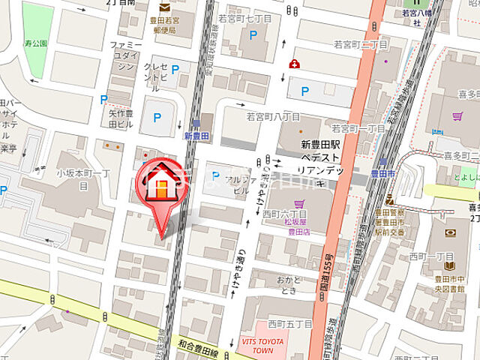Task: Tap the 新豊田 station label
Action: tap(195, 136)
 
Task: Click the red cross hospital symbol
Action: tap(295, 64)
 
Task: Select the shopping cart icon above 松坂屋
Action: tap(299, 204)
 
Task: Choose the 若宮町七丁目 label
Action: tap(244, 16)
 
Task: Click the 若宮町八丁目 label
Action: tap(273, 117)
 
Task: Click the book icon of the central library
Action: tap(449, 265)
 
